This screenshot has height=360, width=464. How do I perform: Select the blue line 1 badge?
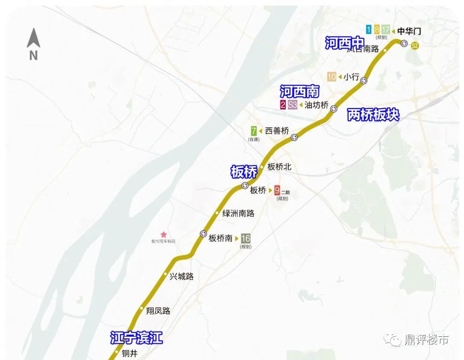point(369,30)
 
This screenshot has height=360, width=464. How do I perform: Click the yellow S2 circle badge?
point(415,46)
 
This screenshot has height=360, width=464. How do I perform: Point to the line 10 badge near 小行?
point(332,77)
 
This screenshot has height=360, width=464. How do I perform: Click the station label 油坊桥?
point(316,105)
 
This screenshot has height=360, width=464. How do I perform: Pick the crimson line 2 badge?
point(283,105)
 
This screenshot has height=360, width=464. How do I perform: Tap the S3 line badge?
point(293,105)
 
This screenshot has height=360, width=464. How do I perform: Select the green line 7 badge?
point(254,131)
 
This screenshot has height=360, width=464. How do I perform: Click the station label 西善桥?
point(277,131)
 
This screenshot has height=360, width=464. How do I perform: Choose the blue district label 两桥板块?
point(373,115)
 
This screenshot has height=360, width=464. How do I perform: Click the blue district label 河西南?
point(299,92)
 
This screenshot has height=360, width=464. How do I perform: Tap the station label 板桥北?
point(279,167)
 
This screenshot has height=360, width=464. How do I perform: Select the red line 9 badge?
point(277,190)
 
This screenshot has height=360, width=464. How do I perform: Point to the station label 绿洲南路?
point(238,214)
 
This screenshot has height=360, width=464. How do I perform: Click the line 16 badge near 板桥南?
point(246,238)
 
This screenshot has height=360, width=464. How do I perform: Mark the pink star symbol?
point(164,235)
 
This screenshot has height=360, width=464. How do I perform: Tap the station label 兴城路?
point(181,277)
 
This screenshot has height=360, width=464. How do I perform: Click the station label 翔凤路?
point(158,311)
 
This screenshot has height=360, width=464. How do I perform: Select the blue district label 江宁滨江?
point(136,338)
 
